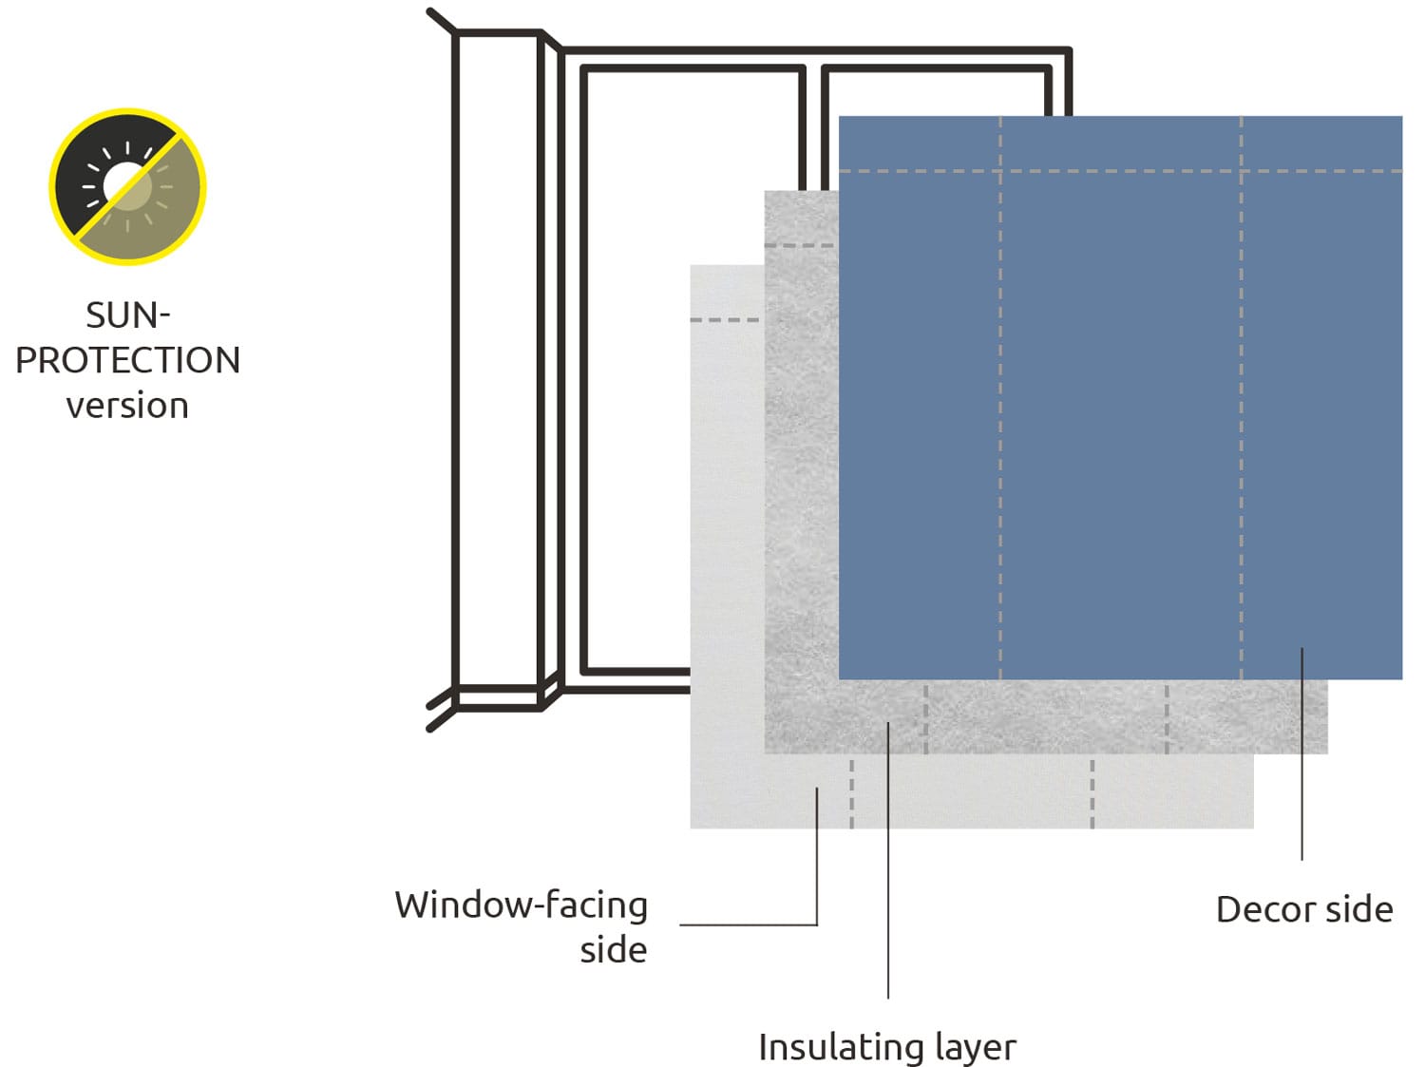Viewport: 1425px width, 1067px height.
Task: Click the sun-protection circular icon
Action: click(x=127, y=186)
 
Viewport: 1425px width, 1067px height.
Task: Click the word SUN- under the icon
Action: click(x=127, y=315)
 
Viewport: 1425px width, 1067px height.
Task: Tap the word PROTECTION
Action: click(x=127, y=361)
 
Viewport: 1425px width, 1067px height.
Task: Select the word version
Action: click(x=127, y=406)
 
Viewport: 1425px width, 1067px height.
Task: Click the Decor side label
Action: click(x=1303, y=909)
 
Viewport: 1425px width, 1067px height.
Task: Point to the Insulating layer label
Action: click(x=886, y=1047)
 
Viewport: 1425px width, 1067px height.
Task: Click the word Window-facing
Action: click(x=521, y=905)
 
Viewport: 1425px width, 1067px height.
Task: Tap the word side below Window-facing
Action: click(x=614, y=950)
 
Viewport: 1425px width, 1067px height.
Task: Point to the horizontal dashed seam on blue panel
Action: click(x=1121, y=172)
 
